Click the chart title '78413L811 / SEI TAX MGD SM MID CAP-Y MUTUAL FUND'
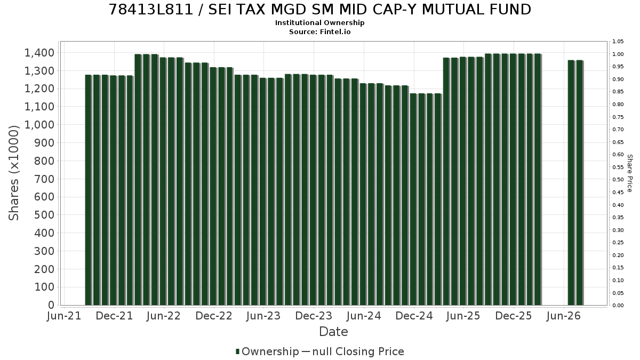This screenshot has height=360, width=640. (x=319, y=10)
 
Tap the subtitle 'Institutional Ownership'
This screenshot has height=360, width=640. (x=319, y=23)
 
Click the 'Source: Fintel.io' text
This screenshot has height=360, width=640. (x=319, y=31)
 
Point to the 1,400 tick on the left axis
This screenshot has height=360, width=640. (x=39, y=53)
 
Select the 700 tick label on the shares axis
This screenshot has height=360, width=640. (x=44, y=179)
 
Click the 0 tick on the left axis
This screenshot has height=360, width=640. (x=51, y=305)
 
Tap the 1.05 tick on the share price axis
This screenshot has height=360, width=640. (x=618, y=42)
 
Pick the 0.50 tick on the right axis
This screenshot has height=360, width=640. (x=618, y=180)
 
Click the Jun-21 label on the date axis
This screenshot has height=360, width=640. (x=64, y=316)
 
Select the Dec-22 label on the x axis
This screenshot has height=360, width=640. (x=214, y=316)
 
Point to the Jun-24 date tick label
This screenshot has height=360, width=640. (x=364, y=316)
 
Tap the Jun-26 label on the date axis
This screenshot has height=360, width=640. (x=563, y=316)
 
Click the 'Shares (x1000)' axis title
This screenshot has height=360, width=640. (x=14, y=173)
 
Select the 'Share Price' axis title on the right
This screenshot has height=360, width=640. (x=629, y=173)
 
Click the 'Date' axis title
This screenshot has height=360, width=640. (x=333, y=332)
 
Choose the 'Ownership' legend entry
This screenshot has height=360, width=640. (x=267, y=351)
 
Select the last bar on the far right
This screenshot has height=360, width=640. (x=579, y=183)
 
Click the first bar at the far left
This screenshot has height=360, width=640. (x=89, y=190)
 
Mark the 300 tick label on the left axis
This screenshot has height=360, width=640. (x=44, y=251)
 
